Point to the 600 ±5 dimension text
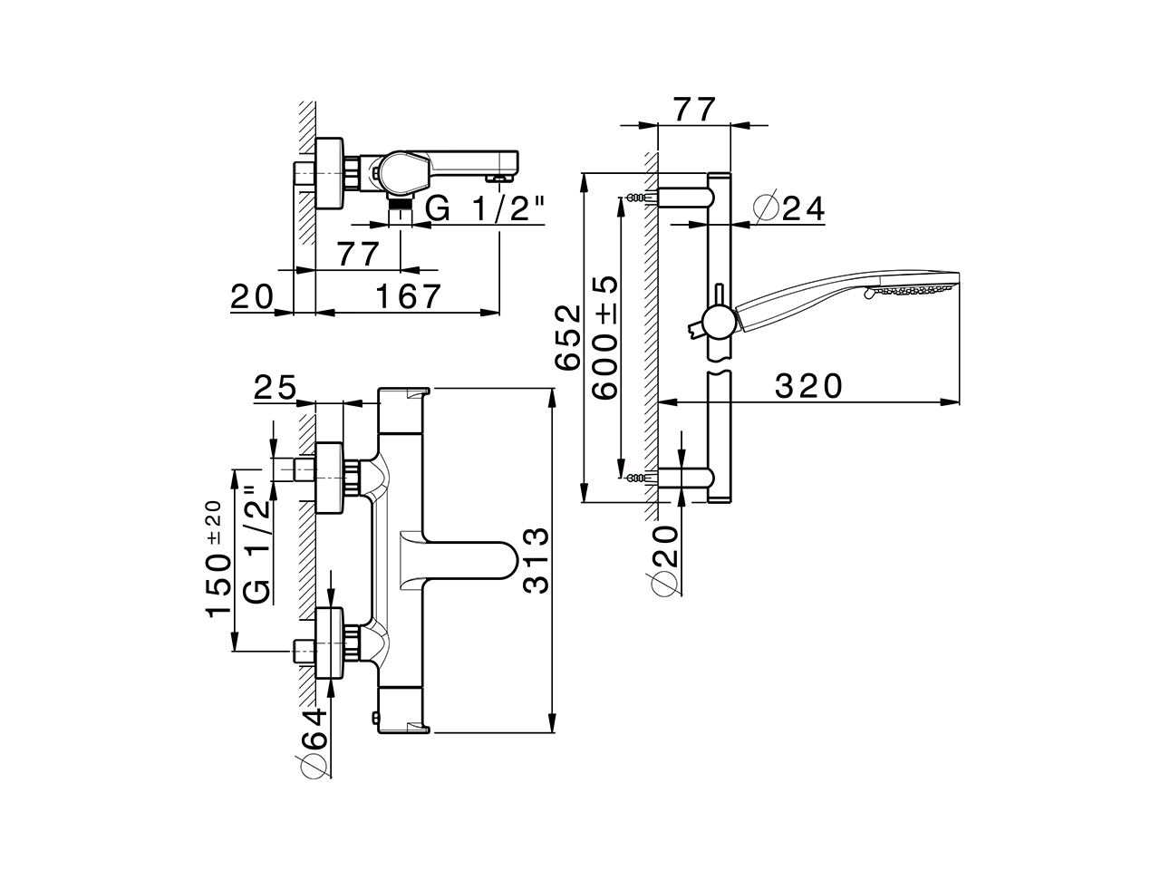pyautogui.click(x=604, y=337)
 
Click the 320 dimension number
pyautogui.click(x=809, y=386)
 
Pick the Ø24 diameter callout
pyautogui.click(x=789, y=208)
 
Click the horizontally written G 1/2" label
pyautogui.click(x=485, y=210)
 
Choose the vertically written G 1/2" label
pyautogui.click(x=257, y=549)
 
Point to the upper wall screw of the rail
pyautogui.click(x=640, y=198)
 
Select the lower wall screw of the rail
pyautogui.click(x=640, y=477)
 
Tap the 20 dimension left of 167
pyautogui.click(x=252, y=296)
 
